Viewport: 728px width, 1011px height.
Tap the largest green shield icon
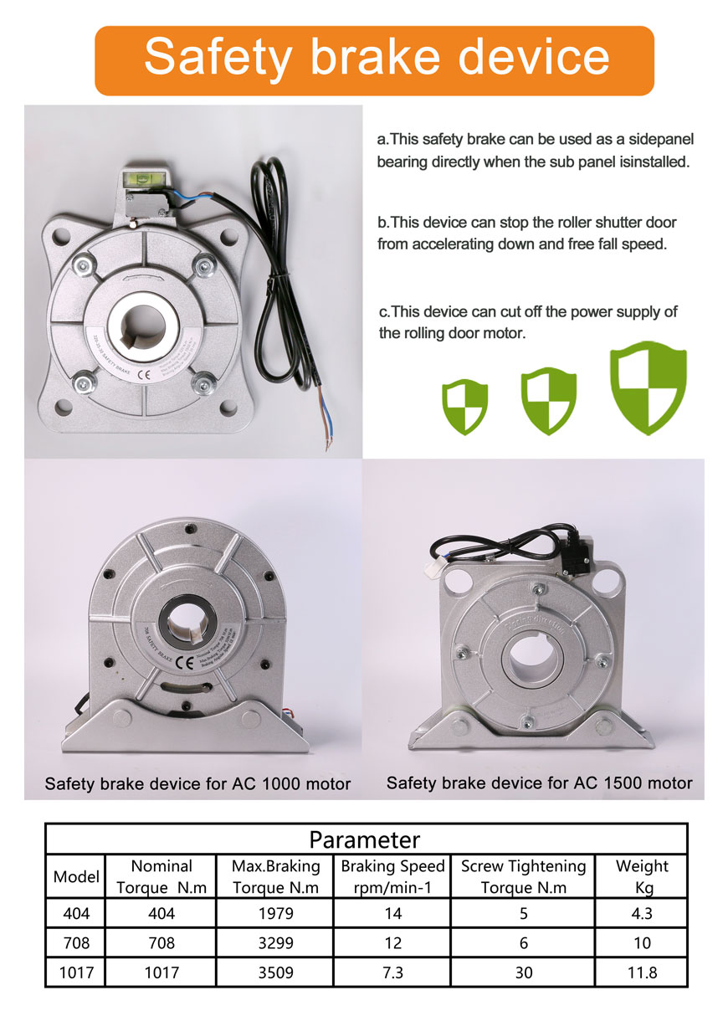(649, 387)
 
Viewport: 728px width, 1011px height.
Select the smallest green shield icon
(464, 406)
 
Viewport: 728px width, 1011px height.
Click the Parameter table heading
(365, 839)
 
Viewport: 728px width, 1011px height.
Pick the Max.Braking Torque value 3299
(275, 942)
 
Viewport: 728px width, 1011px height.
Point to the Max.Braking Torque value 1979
(275, 914)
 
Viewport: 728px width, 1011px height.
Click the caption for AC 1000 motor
(197, 784)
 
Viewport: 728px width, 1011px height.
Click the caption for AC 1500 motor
(540, 783)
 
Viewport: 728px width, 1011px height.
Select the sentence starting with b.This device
(527, 234)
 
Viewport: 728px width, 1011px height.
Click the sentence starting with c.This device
(528, 322)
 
